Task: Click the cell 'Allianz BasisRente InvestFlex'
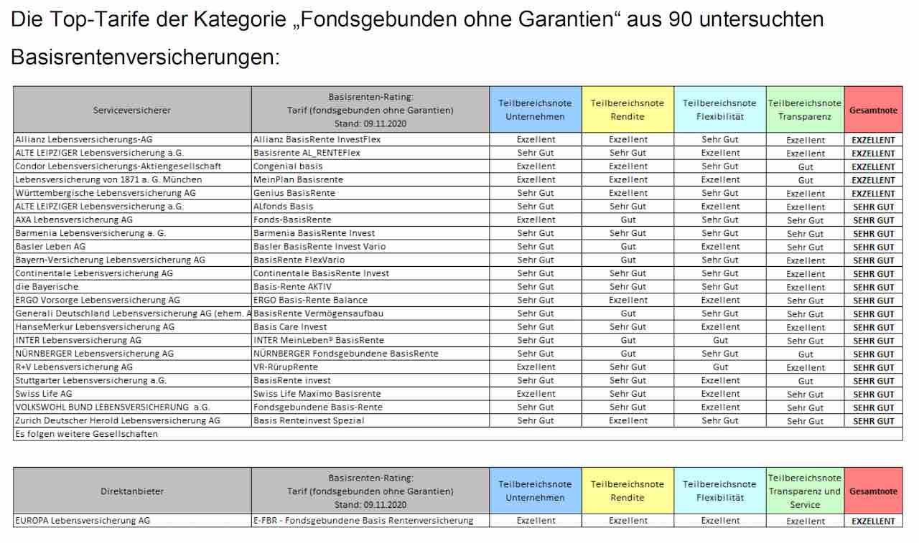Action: coord(317,139)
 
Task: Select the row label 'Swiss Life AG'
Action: coord(44,394)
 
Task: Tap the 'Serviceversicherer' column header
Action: coord(132,110)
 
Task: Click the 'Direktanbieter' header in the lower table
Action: coord(132,491)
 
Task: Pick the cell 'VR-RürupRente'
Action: coord(285,367)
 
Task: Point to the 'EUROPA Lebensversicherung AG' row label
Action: coord(83,521)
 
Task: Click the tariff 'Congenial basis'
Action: coord(288,166)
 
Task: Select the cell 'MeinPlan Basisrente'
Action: coord(298,179)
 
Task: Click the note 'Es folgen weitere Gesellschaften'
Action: coord(86,434)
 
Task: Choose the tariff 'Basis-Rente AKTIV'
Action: coord(292,286)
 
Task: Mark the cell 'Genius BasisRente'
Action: coord(294,193)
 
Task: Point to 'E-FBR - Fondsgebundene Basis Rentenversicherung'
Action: coord(363,521)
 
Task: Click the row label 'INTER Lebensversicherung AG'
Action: coord(78,340)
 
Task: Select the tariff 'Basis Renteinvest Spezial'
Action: coord(309,420)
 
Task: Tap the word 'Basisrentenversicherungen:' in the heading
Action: coord(145,57)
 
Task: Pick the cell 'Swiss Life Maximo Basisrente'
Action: coord(317,394)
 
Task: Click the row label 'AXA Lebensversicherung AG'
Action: coord(74,219)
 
